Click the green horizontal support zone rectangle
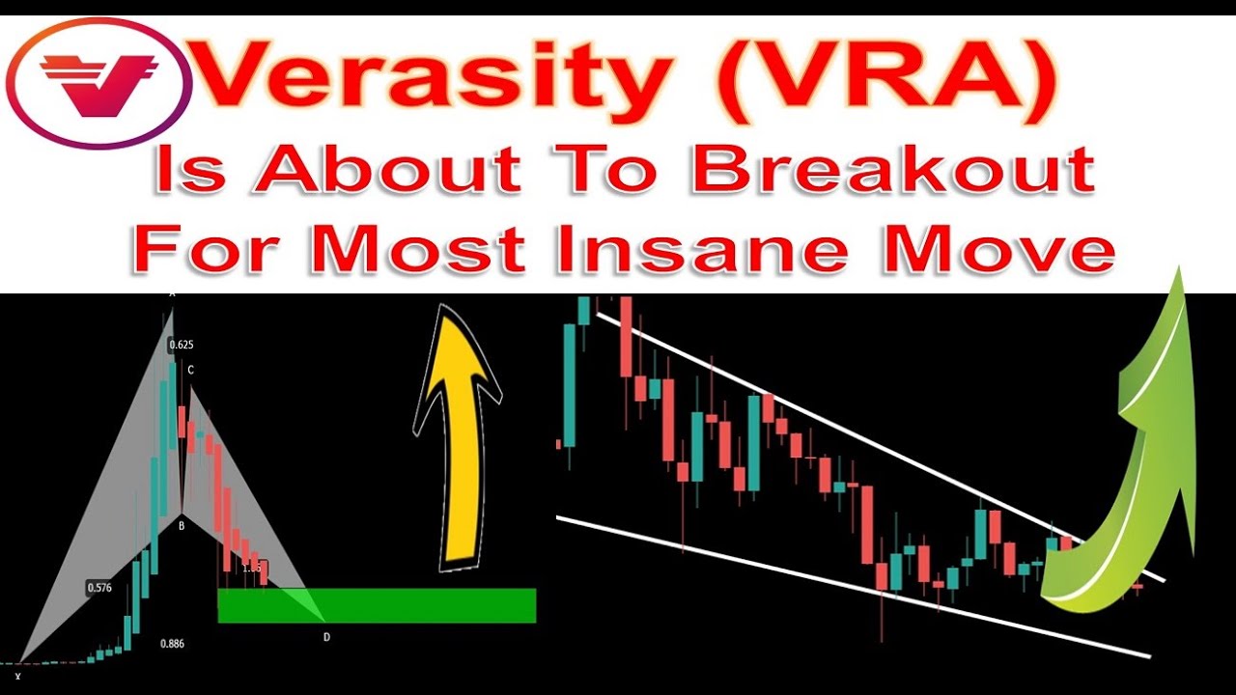pyautogui.click(x=377, y=605)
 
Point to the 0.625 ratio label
pyautogui.click(x=182, y=345)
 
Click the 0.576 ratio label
pyautogui.click(x=99, y=587)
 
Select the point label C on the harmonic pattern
pyautogui.click(x=191, y=370)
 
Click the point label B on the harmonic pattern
pyautogui.click(x=181, y=526)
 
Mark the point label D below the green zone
pyautogui.click(x=326, y=636)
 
